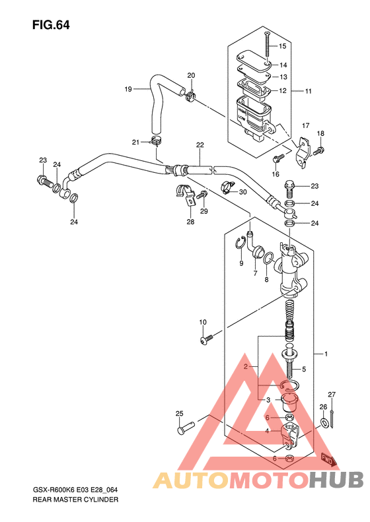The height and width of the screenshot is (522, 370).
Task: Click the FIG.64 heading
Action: click(x=51, y=25)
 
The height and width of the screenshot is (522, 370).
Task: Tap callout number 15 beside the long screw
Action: click(x=282, y=46)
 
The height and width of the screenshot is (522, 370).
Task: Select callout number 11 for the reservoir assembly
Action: click(x=308, y=91)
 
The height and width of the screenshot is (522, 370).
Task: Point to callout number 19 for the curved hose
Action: click(x=128, y=89)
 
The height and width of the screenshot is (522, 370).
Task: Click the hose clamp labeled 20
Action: click(x=190, y=96)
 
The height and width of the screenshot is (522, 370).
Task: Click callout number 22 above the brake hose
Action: click(x=200, y=145)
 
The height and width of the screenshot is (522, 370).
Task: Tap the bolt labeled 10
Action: click(x=207, y=340)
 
